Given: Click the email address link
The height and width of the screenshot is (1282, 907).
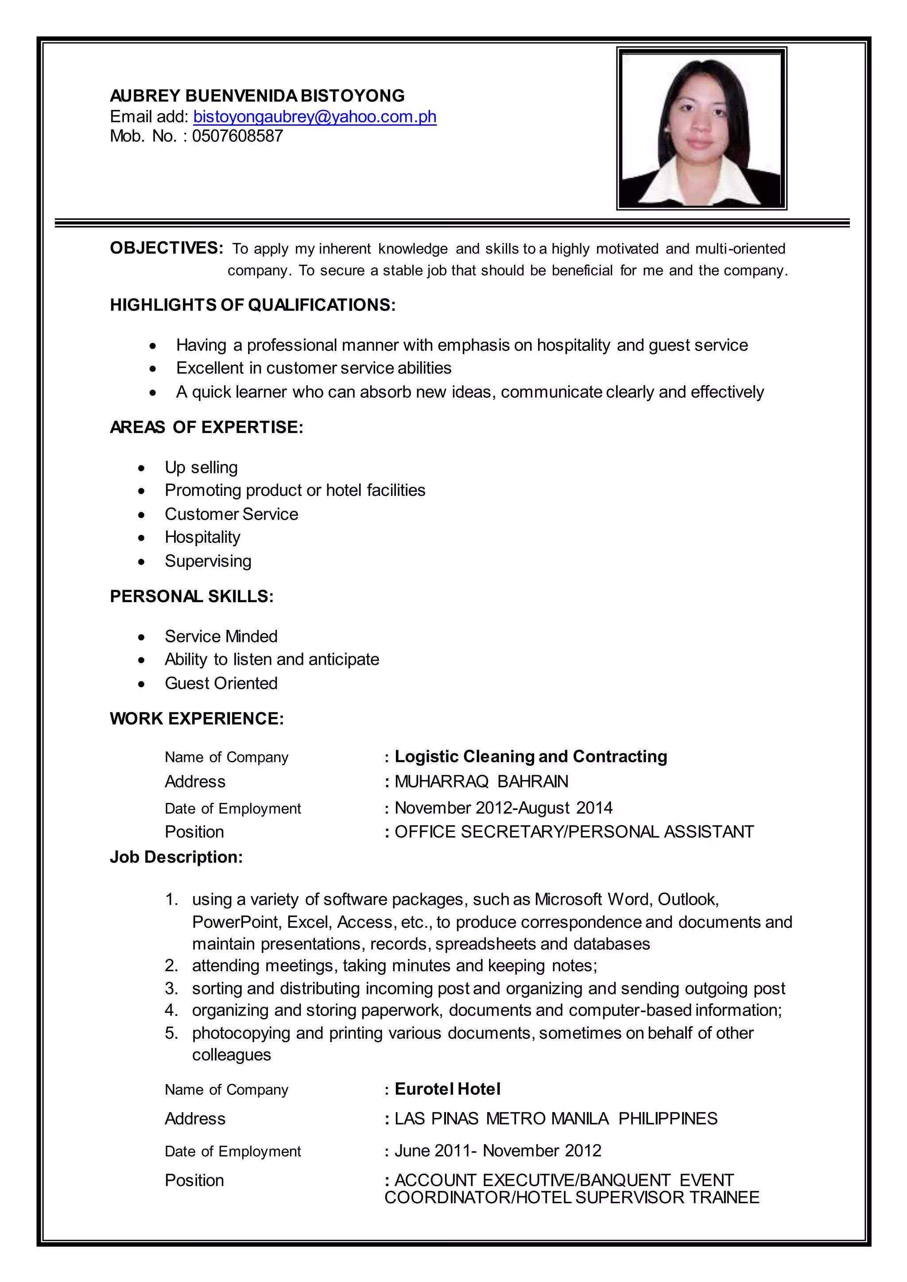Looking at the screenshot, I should pos(314,117).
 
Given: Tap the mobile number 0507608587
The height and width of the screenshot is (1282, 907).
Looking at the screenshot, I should pos(237,136).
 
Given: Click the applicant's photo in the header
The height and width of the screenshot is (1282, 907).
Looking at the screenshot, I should pos(701,128).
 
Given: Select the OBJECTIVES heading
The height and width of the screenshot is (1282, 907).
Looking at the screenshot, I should pos(167,248).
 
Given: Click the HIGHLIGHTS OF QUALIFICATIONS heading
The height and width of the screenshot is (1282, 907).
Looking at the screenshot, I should pos(252,305).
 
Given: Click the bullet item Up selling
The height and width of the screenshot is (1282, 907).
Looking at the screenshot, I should pos(201,467).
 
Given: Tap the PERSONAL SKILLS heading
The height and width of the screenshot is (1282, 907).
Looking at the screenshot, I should pos(192,596).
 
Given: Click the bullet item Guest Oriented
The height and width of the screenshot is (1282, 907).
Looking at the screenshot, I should pos(221,683).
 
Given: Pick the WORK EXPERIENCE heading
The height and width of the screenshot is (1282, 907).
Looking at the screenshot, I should pos(197,718).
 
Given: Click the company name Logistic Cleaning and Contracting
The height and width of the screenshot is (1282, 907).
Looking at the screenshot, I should pos(531,757).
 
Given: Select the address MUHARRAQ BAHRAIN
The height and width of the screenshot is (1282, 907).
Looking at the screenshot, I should pos(481,781).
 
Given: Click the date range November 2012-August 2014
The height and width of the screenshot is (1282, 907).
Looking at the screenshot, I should pos(503,807).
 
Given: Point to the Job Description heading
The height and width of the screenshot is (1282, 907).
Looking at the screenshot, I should pos(176,857).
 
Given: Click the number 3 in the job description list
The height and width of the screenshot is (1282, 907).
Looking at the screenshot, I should pos(171,989).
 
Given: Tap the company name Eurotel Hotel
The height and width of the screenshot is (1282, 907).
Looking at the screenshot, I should pos(447,1089).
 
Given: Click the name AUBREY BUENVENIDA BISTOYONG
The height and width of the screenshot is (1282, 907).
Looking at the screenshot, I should pos(257,96).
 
